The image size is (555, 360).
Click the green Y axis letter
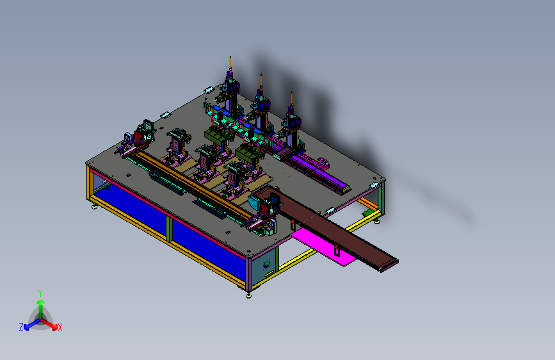tap(40, 293)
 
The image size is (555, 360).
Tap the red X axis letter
tap(60, 328)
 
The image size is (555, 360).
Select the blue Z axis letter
tap(21, 327)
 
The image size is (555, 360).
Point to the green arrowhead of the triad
tap(41, 303)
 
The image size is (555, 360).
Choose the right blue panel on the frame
tap(209, 247)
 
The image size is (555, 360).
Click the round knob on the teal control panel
tap(266, 264)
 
